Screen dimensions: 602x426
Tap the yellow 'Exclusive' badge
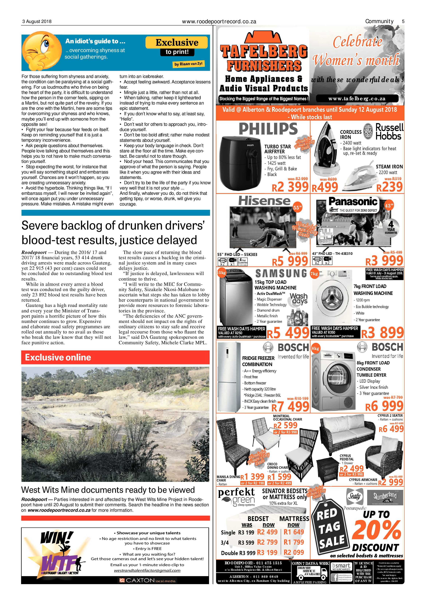point(177,42)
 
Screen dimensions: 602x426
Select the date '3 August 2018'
point(37,21)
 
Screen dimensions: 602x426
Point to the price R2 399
point(290,187)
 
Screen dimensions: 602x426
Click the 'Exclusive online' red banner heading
point(58,357)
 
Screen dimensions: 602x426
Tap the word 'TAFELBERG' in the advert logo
point(264,51)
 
